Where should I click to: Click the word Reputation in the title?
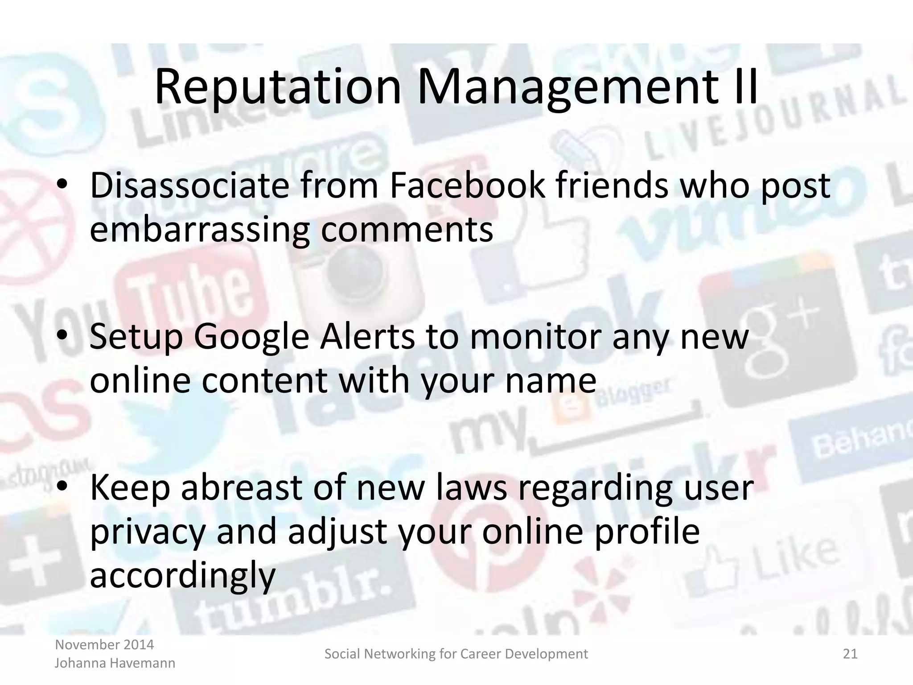point(277,88)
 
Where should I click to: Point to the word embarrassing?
point(199,231)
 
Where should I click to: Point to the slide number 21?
point(850,654)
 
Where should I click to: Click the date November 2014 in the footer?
point(104,644)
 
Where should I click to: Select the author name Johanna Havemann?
point(115,663)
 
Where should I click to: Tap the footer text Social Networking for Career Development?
point(456,654)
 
